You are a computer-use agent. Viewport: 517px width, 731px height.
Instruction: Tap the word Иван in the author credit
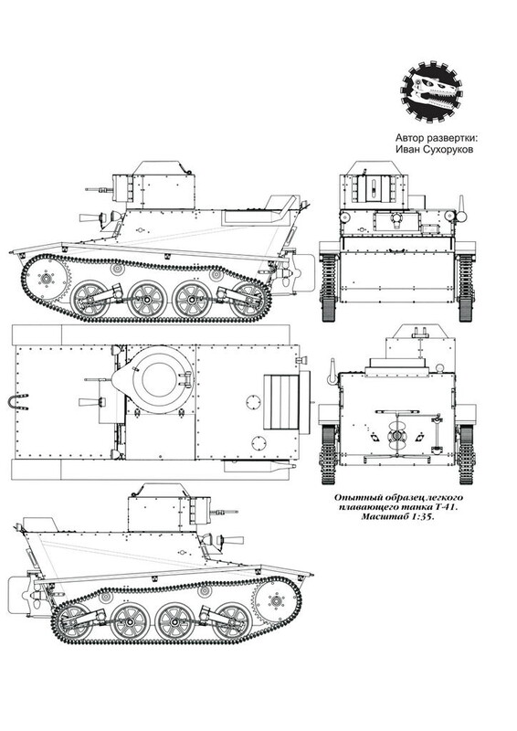(407, 150)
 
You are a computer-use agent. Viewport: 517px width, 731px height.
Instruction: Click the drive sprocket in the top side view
(46, 279)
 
